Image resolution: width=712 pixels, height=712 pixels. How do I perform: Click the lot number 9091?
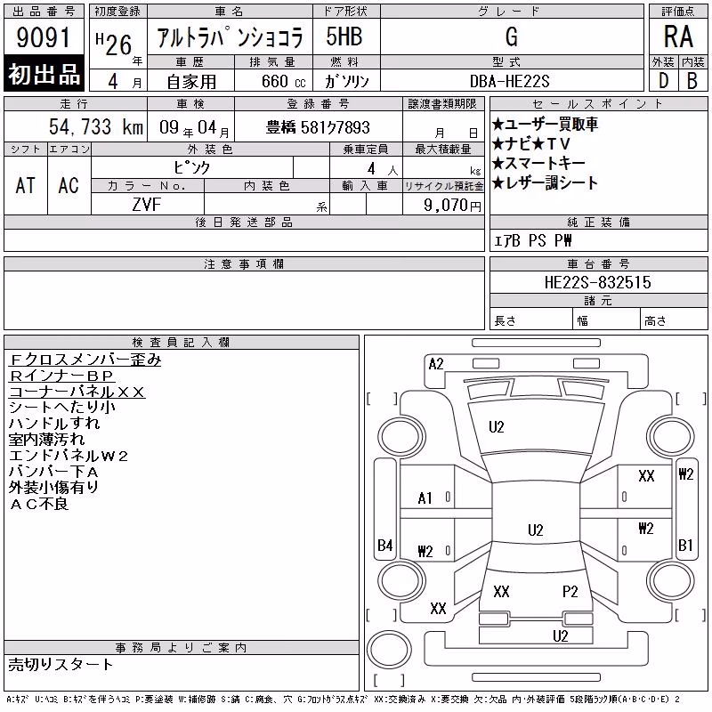pyautogui.click(x=43, y=36)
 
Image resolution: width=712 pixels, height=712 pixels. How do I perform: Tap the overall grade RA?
pyautogui.click(x=678, y=36)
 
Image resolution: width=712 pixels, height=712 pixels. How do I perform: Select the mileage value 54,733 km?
pyautogui.click(x=96, y=126)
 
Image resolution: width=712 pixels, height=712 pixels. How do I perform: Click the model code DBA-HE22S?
pyautogui.click(x=509, y=81)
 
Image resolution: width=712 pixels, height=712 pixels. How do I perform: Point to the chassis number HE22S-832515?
pyautogui.click(x=597, y=282)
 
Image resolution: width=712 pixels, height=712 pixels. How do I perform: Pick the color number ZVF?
pyautogui.click(x=147, y=205)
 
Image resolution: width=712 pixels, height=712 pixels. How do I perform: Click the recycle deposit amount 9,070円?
pyautogui.click(x=452, y=206)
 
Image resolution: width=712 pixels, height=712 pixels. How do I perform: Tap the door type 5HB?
pyautogui.click(x=344, y=36)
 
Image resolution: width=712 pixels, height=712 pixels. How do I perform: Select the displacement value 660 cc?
pyautogui.click(x=283, y=82)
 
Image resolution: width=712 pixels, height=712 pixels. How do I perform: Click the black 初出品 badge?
pyautogui.click(x=44, y=73)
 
